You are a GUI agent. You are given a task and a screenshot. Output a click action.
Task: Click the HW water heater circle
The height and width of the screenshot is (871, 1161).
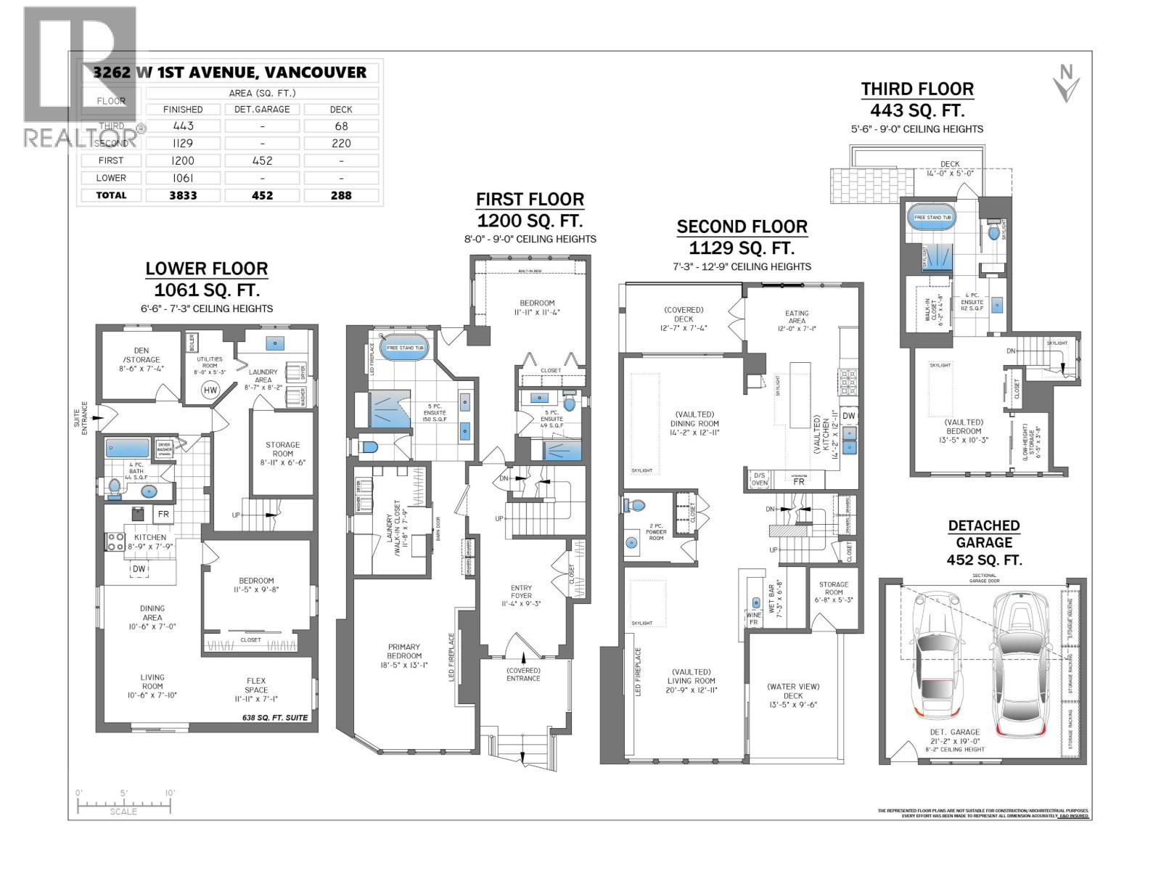tap(210, 390)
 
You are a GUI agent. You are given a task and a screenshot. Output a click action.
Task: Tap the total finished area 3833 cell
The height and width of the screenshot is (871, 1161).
tap(183, 195)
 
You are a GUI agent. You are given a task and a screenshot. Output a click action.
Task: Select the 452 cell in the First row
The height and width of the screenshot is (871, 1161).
tap(262, 160)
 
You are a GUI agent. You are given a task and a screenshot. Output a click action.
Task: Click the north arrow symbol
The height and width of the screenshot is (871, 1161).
tap(1066, 83)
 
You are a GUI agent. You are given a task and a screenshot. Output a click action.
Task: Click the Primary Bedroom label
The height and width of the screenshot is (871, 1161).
tap(404, 651)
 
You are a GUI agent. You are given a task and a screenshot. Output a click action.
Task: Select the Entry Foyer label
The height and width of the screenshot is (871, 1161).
tap(521, 596)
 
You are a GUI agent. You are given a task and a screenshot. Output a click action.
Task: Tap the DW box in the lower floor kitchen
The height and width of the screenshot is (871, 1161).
tap(139, 570)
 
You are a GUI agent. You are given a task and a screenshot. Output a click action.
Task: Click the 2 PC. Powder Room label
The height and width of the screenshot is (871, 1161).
tap(656, 533)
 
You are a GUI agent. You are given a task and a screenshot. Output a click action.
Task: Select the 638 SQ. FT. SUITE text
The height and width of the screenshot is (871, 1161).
tap(275, 718)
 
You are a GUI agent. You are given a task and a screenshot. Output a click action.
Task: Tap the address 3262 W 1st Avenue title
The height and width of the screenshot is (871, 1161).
tap(230, 73)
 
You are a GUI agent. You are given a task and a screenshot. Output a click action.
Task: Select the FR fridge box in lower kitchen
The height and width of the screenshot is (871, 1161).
tap(163, 515)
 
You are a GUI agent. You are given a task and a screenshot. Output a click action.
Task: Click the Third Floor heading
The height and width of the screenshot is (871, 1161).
tap(917, 89)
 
